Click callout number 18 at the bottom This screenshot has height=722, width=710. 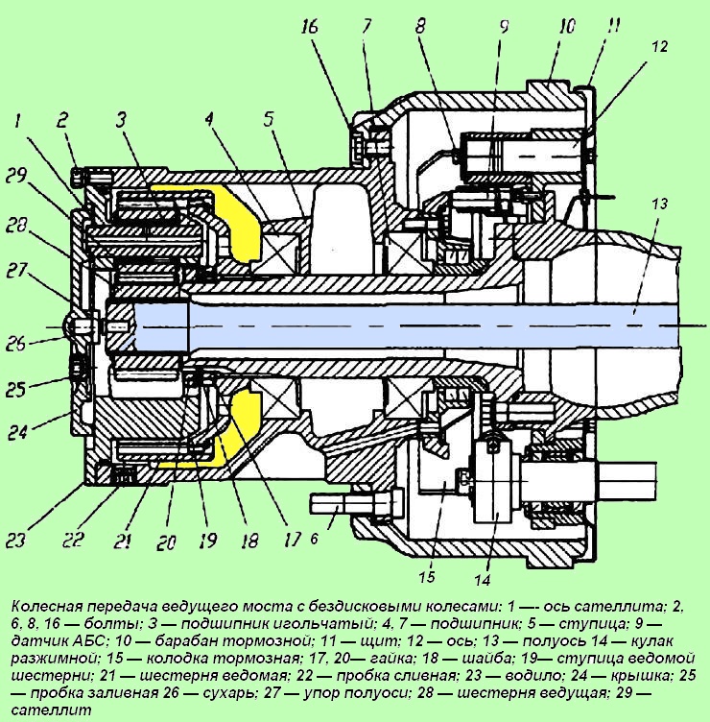click(x=248, y=541)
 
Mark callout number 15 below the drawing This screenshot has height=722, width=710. click(x=426, y=577)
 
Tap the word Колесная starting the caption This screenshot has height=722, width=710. click(x=47, y=607)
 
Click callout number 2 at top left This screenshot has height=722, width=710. click(x=62, y=121)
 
